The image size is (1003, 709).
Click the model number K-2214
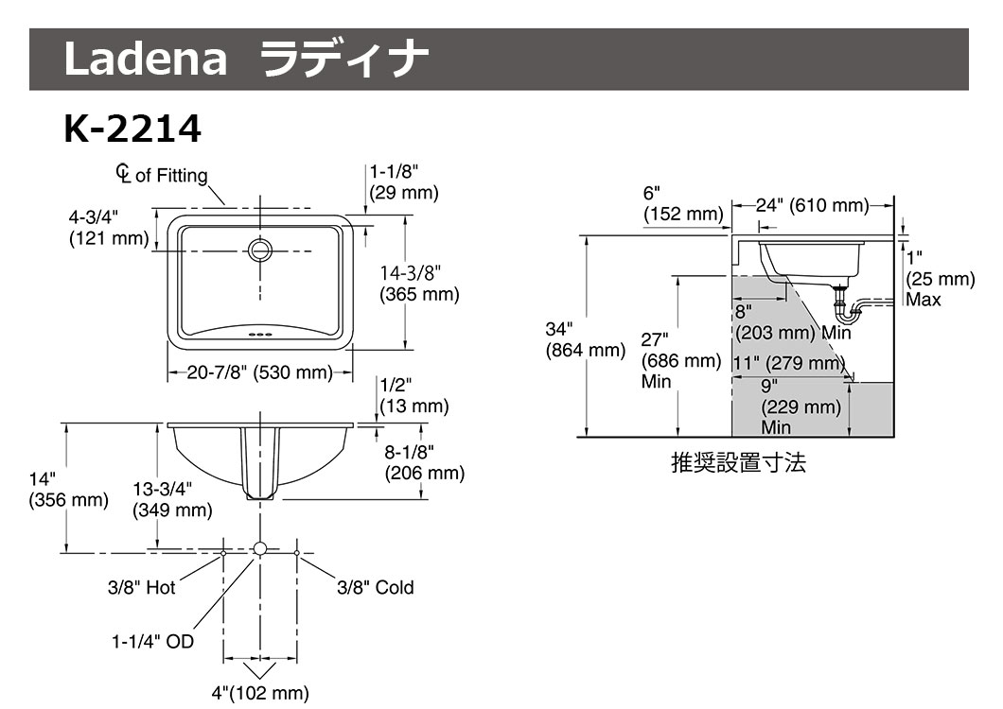132,130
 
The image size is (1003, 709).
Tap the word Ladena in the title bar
147,60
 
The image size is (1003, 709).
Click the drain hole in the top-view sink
259,250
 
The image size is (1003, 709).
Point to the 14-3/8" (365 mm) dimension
419,283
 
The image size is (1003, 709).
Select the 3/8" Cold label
376,587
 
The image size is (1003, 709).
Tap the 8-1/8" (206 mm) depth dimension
424,462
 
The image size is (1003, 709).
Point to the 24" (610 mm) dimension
813,205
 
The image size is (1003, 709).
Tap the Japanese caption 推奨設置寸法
738,464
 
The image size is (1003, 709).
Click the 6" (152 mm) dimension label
682,203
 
